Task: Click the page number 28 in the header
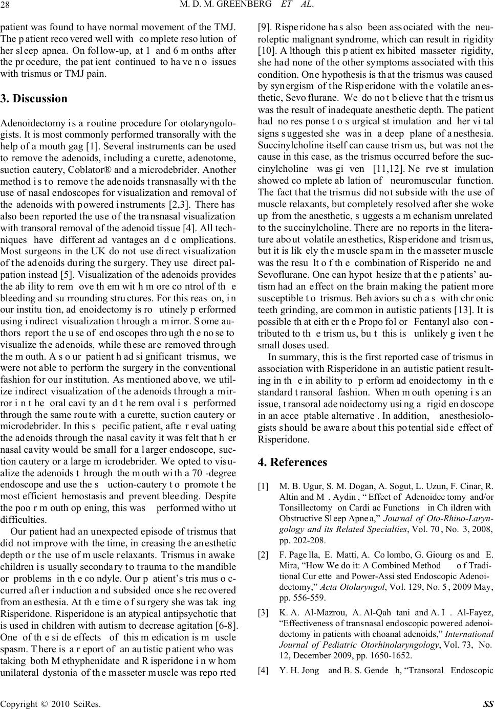tap(9, 7)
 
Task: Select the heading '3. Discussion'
tap(34, 98)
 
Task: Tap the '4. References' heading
tap(292, 462)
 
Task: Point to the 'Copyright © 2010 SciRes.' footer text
tap(50, 703)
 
